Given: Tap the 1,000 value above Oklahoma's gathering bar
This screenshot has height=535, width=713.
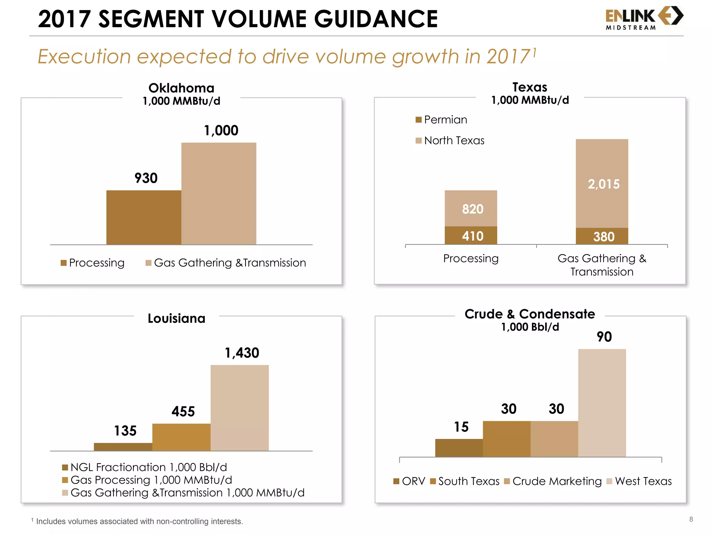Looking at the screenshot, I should [221, 131].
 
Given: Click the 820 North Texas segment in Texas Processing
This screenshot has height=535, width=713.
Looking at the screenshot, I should [471, 209].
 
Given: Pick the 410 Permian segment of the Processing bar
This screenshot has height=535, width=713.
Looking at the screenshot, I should [471, 236].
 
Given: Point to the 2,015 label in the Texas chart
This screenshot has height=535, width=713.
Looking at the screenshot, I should [603, 184].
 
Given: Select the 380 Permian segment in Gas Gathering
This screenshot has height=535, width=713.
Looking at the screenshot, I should [602, 237].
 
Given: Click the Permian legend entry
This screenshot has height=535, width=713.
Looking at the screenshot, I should [441, 120].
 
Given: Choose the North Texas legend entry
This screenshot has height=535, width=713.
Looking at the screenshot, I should [450, 140].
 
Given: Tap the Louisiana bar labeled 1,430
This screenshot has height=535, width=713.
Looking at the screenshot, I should [240, 408].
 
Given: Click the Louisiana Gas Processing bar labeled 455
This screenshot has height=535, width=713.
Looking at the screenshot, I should [181, 437].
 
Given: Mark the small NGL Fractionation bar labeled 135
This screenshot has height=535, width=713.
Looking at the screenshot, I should [123, 447].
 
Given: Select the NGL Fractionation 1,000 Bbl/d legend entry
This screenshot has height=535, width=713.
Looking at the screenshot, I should [144, 467].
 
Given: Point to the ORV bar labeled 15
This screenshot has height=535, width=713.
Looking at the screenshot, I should [459, 448].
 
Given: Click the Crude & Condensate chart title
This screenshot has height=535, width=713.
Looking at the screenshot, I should [530, 314].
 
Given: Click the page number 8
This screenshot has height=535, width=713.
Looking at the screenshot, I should [691, 519].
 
